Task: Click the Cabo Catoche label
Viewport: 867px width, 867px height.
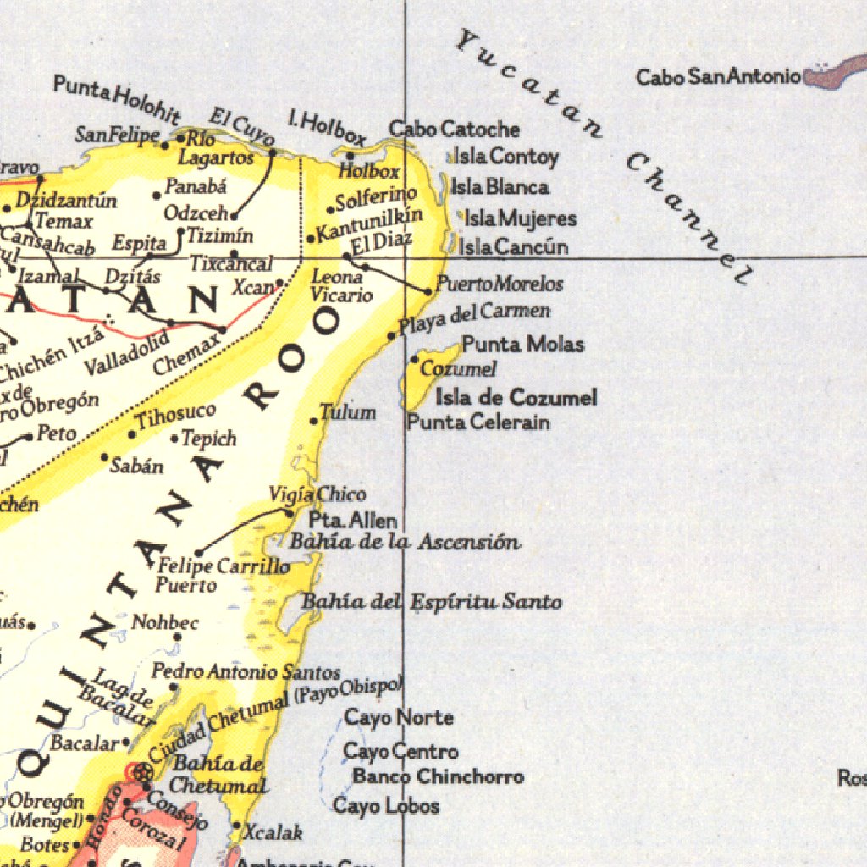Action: [454, 130]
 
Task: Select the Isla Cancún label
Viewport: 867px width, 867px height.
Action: [513, 247]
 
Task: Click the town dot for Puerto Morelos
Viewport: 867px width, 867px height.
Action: [428, 291]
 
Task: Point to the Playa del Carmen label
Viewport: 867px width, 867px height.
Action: [474, 318]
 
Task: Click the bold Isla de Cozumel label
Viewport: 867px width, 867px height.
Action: [516, 397]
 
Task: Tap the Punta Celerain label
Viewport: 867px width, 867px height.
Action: [478, 422]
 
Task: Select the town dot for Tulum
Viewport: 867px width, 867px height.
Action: [314, 421]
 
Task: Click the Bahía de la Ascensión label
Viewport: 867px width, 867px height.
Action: [405, 542]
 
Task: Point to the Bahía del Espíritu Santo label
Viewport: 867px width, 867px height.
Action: [432, 602]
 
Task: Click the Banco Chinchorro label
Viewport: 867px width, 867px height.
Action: [438, 776]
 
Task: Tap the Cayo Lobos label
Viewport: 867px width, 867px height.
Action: [386, 805]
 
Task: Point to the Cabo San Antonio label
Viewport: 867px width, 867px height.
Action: [718, 77]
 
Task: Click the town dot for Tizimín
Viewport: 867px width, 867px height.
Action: [180, 230]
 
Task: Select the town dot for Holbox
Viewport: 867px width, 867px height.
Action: [351, 155]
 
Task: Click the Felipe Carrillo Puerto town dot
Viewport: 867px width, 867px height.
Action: [199, 553]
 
